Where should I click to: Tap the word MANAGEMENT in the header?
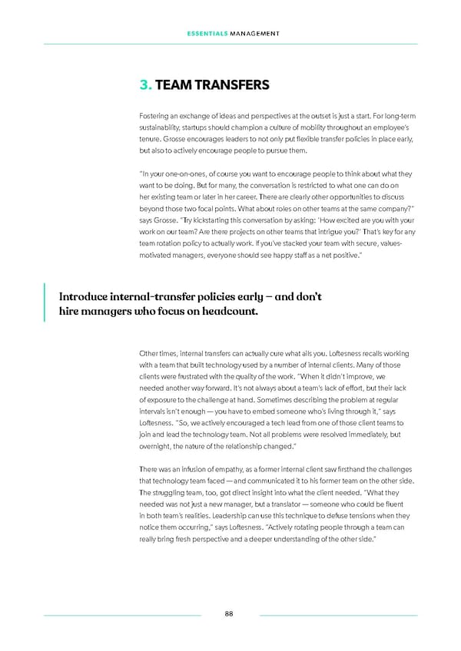click(x=253, y=32)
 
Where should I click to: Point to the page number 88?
click(x=230, y=613)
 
